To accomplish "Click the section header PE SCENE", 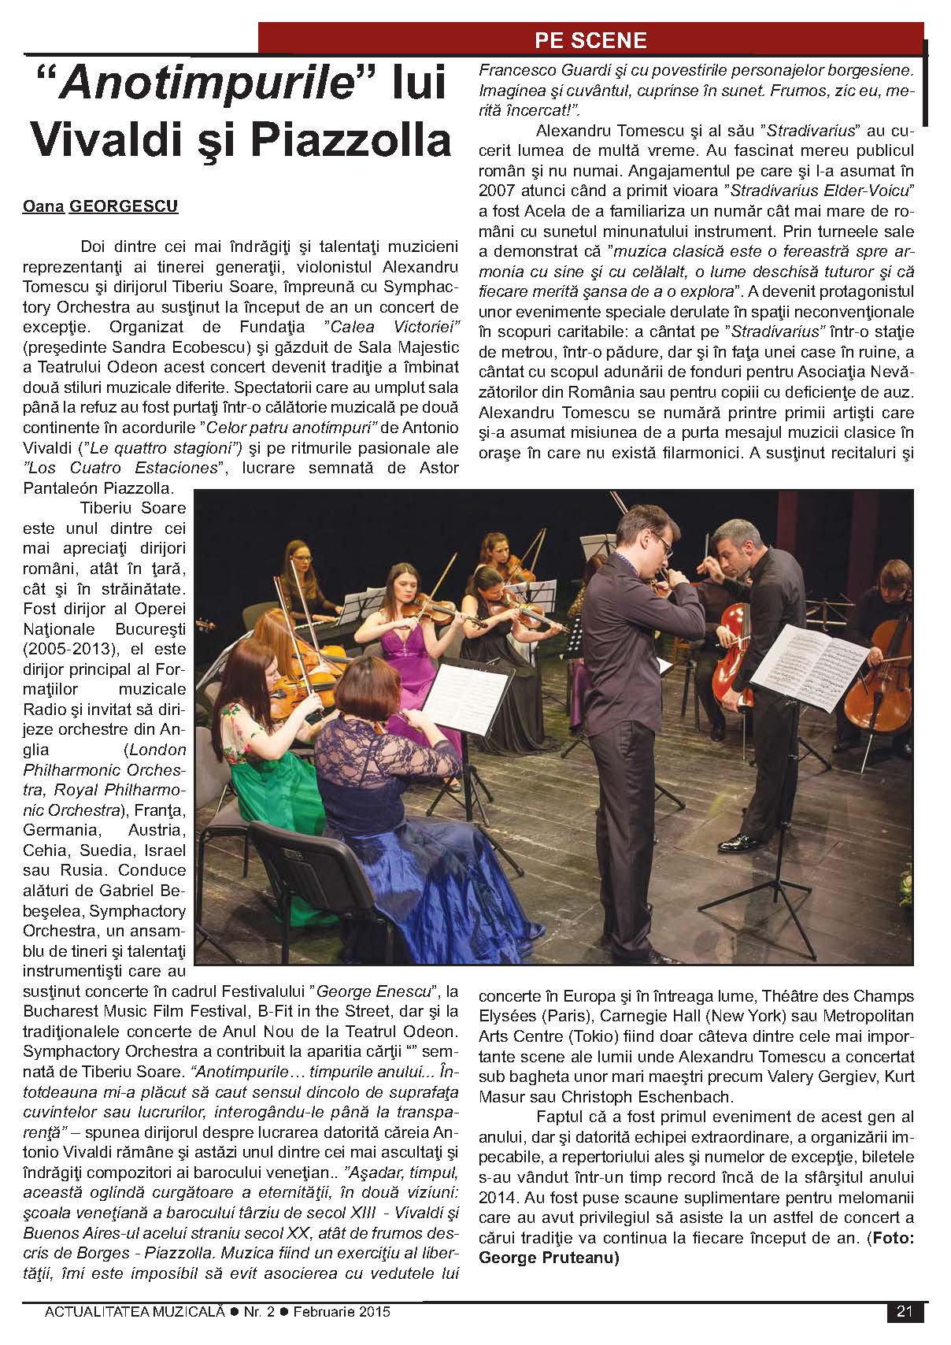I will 590,40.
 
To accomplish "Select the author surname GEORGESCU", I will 124,207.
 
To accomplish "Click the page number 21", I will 904,1311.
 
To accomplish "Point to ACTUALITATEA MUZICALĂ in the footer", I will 135,1312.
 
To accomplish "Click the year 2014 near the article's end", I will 498,1198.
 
